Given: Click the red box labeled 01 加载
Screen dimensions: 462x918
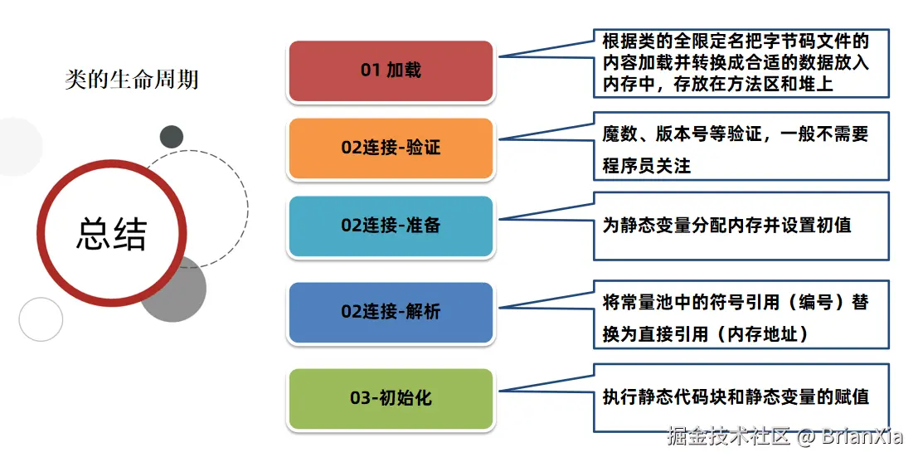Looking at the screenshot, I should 391,71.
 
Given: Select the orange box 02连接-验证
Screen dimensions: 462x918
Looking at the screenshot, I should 391,148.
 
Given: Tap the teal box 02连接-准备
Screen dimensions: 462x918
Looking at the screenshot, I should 391,226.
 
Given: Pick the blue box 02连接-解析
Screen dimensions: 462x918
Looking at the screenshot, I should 391,312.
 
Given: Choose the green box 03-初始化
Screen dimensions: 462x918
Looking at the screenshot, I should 391,398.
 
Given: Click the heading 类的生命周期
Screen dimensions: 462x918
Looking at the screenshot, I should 131,80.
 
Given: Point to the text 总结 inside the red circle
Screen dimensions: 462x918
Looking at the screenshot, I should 111,234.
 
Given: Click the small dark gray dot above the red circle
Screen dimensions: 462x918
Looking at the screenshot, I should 172,136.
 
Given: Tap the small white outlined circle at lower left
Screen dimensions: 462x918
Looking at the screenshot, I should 41,319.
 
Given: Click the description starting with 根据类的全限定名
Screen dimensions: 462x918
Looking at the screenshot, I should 735,62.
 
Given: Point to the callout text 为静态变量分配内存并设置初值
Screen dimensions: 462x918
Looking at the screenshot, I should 726,225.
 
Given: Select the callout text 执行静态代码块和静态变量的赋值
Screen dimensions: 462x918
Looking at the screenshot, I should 735,397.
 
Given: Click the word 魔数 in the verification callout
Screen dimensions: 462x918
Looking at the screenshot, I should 619,134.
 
